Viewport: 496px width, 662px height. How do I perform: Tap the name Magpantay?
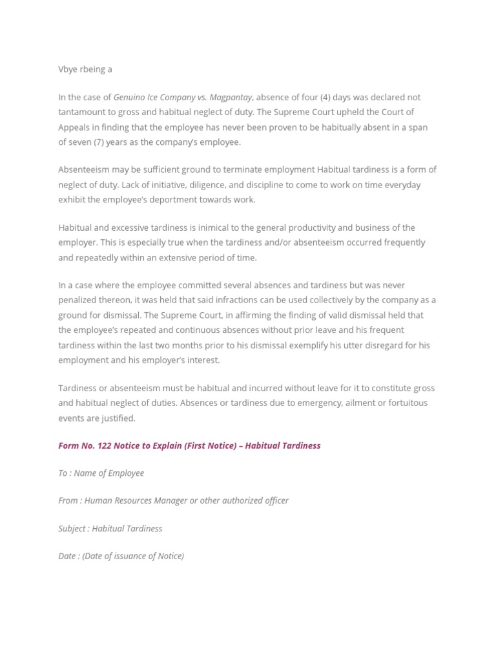[x=231, y=97]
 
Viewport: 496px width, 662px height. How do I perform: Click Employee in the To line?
[x=126, y=473]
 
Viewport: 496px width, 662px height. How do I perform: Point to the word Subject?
[x=72, y=529]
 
